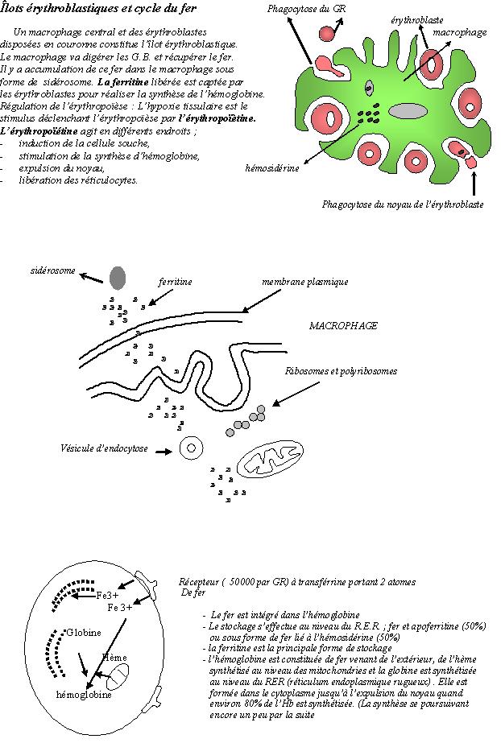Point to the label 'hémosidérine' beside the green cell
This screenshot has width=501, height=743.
[x=274, y=168]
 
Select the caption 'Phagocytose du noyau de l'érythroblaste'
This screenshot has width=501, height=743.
[x=403, y=204]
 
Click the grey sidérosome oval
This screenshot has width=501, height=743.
[x=118, y=277]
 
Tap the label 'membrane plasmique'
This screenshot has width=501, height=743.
[x=305, y=283]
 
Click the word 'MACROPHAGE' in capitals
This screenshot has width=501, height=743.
[x=343, y=327]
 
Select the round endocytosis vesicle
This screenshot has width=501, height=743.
[x=190, y=448]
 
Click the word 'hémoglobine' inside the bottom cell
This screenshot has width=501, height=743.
[x=84, y=693]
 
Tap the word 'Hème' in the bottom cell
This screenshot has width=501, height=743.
[x=114, y=658]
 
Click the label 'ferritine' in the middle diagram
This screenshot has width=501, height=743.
[x=175, y=283]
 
